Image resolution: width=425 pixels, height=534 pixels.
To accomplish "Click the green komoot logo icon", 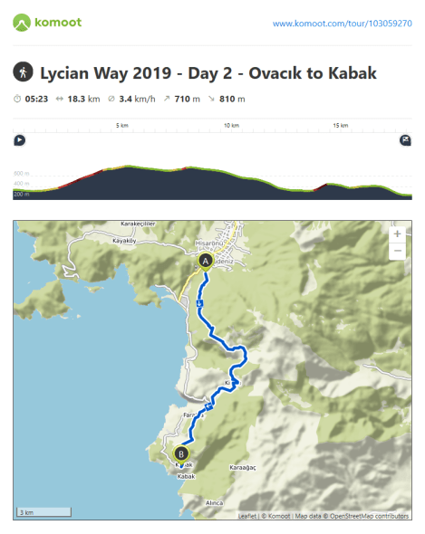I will (22, 21).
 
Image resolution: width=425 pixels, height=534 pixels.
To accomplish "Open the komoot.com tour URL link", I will (342, 23).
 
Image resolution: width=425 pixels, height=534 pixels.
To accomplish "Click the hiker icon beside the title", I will (24, 72).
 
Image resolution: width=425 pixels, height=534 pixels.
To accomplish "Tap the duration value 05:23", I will (36, 99).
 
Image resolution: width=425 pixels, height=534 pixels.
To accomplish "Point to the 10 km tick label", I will (231, 125).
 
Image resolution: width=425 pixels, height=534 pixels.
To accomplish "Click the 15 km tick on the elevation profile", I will (340, 125).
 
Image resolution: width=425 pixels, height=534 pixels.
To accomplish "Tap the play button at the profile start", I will (20, 140).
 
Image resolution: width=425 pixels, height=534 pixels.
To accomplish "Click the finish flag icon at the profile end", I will (405, 140).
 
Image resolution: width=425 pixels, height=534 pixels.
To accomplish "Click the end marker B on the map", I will (181, 453).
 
